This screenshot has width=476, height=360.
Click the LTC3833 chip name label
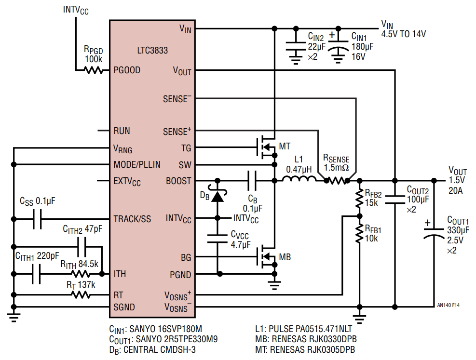tap(151, 50)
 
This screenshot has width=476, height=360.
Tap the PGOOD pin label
tap(127, 70)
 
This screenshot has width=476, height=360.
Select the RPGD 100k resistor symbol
tap(94, 70)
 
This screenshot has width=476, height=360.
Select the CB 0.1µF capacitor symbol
tap(251, 181)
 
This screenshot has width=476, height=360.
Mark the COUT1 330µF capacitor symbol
tap(433, 234)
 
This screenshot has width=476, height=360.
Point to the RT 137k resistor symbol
tap(81, 294)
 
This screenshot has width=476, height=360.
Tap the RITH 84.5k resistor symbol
tap(81, 274)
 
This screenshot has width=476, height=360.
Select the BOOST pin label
tap(178, 181)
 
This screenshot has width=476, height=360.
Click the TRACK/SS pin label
tap(132, 219)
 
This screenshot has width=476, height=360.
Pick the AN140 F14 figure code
tap(448, 305)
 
